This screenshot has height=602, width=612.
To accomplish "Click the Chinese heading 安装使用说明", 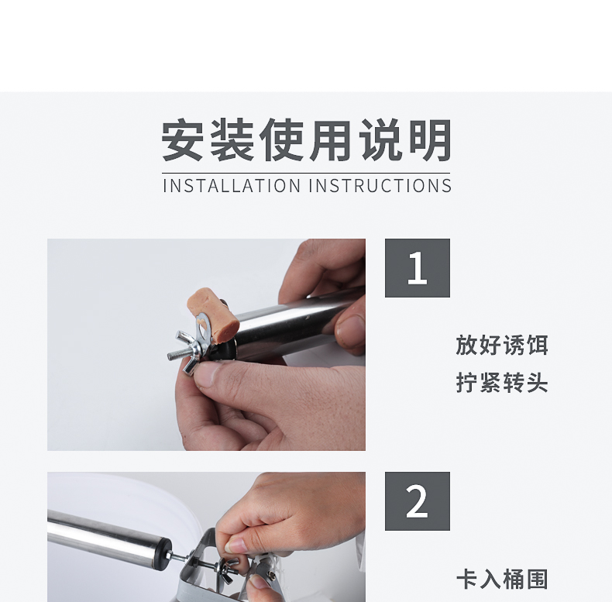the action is click(x=307, y=140).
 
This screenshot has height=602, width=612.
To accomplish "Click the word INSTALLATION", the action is click(x=232, y=186).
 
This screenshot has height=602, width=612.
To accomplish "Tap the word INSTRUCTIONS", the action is click(x=380, y=186).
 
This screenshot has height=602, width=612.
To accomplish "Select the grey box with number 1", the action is click(x=418, y=268).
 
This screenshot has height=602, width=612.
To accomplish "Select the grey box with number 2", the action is click(x=418, y=501).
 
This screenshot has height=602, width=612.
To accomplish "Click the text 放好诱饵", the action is click(x=502, y=345).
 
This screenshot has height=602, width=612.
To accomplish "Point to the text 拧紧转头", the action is click(x=502, y=383).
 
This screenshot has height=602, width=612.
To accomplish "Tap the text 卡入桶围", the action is click(x=502, y=580).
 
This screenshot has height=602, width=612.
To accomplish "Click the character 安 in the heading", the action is click(x=183, y=140).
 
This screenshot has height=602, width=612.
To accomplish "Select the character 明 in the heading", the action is click(x=431, y=140).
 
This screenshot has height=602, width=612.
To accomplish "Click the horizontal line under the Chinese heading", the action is click(x=307, y=173).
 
